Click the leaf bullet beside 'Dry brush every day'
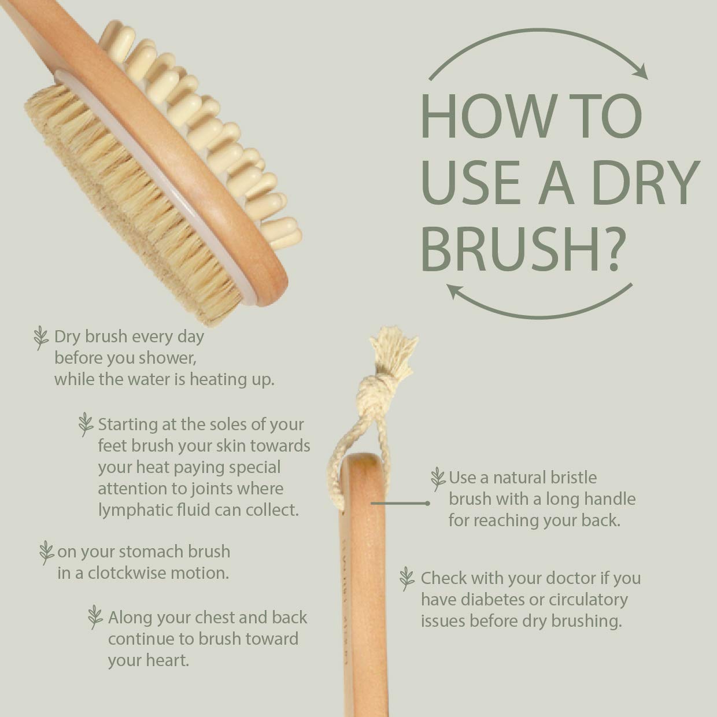(x=40, y=338)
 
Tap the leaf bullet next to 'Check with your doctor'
(x=407, y=578)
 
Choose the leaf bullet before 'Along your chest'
(x=95, y=618)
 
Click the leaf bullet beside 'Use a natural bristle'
(x=438, y=479)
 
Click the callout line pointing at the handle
(x=399, y=504)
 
